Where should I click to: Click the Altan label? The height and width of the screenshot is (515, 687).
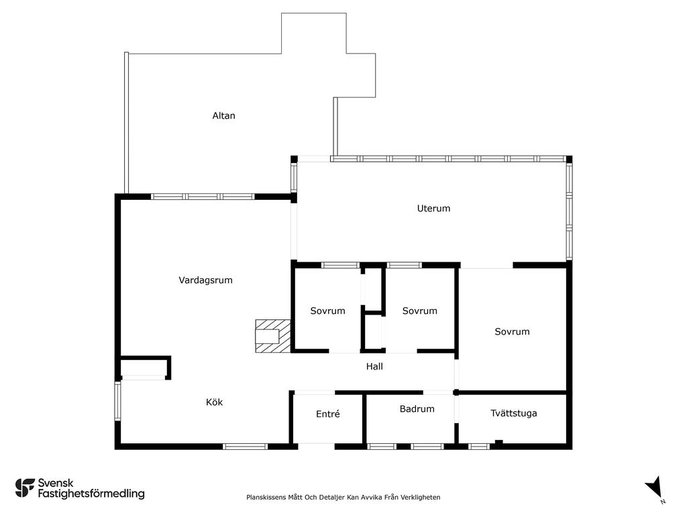pos(223,115)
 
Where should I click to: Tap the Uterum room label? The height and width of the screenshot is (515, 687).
pos(433,209)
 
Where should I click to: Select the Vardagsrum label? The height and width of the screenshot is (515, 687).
pos(205,280)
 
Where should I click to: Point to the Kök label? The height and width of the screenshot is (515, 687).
pos(214,402)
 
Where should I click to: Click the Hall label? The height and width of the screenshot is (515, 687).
pos(374,367)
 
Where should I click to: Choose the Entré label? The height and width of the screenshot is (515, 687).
pos(327,414)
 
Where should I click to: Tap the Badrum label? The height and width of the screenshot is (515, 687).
pos(417,409)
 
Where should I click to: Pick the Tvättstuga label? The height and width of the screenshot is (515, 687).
pos(513,413)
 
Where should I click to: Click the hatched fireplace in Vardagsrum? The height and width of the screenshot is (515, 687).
pos(273,336)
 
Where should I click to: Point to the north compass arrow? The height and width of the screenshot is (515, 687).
pos(655,488)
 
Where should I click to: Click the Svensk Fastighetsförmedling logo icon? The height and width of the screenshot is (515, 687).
pos(25,488)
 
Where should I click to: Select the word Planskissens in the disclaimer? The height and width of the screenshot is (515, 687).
pos(266,497)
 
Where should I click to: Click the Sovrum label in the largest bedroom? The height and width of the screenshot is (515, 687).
pos(512,332)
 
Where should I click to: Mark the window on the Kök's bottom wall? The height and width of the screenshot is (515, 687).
pos(245,447)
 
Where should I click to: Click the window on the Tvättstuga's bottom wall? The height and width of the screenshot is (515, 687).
pos(479,447)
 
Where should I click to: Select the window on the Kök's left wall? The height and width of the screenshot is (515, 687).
pos(117,401)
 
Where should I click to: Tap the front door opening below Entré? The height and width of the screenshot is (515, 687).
pos(317,447)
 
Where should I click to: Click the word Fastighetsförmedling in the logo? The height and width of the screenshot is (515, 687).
pos(91,494)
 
